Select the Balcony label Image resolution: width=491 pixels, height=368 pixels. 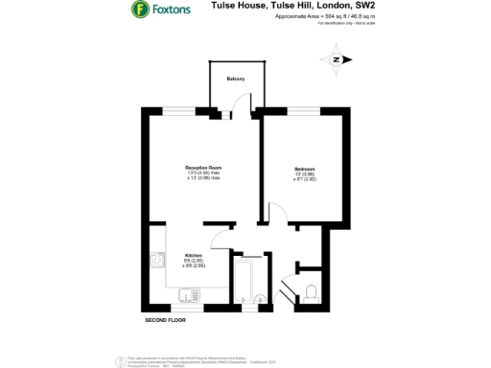coord(235,78)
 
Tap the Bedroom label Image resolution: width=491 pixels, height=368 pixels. coord(304,170)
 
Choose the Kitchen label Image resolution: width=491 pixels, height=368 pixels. coord(193,254)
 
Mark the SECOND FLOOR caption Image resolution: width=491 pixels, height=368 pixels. coord(164,318)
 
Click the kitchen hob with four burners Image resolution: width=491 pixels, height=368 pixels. coord(157,260)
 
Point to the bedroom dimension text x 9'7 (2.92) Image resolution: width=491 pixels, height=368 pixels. coord(304,180)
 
